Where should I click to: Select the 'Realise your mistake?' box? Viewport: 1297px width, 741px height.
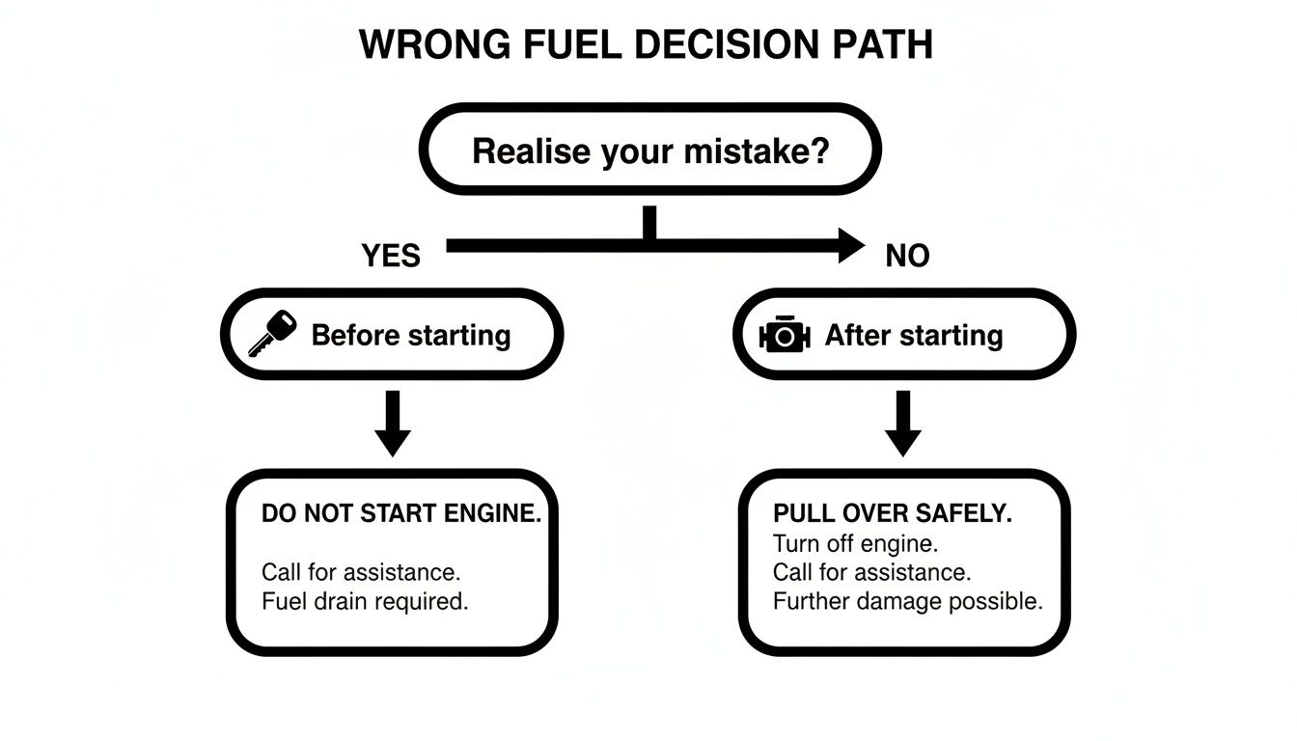(649, 151)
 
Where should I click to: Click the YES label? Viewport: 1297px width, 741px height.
(391, 256)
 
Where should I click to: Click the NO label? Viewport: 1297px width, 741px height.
(907, 256)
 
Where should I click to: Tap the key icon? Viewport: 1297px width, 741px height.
(273, 334)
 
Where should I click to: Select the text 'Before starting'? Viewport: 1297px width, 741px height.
(411, 336)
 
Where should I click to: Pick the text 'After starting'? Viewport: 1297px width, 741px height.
(914, 336)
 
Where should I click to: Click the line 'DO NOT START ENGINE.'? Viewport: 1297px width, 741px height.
(401, 514)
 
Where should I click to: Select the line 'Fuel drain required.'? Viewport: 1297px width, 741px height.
(365, 601)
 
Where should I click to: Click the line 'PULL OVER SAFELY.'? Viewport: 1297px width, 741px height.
(893, 514)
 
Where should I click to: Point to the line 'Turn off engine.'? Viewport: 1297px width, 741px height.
(855, 543)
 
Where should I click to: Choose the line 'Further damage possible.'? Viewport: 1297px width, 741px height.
(908, 601)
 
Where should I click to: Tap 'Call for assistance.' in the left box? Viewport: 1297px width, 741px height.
(361, 572)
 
